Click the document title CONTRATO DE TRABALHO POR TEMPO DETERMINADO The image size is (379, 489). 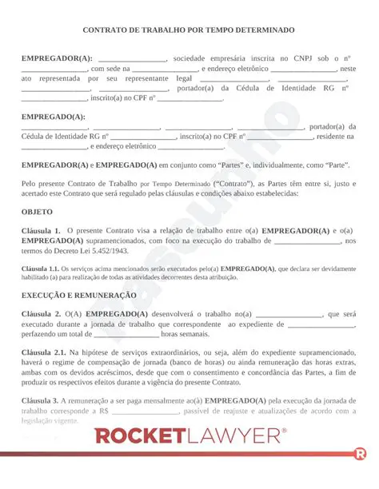pos(189,30)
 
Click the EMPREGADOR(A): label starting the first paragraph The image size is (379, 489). pos(57,58)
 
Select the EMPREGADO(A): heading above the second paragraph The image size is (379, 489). pos(53,117)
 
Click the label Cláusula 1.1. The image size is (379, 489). pos(38,268)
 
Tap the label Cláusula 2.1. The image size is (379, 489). pos(43,352)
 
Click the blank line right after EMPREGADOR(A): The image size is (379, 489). pos(132,58)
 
